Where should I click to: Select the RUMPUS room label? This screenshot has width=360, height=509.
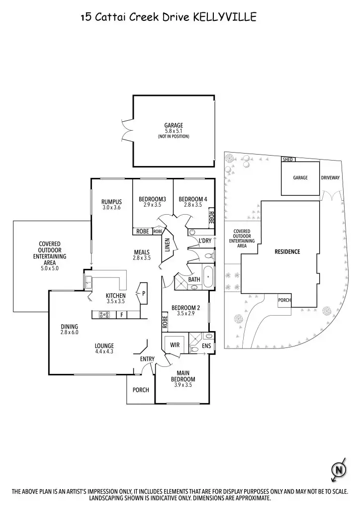(x=111, y=201)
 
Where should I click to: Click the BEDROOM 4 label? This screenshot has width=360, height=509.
(x=193, y=199)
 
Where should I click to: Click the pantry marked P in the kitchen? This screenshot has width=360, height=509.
(x=144, y=294)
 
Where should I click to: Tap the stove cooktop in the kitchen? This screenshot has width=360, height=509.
(x=105, y=314)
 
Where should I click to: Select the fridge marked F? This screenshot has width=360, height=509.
(x=121, y=315)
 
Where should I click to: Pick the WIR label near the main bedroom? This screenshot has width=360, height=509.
(x=175, y=344)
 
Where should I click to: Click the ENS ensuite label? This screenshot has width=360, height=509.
(x=206, y=346)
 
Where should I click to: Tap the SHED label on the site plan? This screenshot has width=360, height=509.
(x=288, y=160)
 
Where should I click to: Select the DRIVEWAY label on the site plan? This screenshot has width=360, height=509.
(x=330, y=177)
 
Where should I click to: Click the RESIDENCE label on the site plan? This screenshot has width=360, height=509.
(x=287, y=252)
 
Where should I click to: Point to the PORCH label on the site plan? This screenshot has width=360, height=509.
(x=284, y=300)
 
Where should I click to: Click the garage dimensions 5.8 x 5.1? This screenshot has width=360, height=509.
(x=174, y=131)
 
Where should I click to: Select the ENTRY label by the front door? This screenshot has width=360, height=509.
(x=147, y=359)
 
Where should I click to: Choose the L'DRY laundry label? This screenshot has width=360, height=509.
(x=205, y=241)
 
